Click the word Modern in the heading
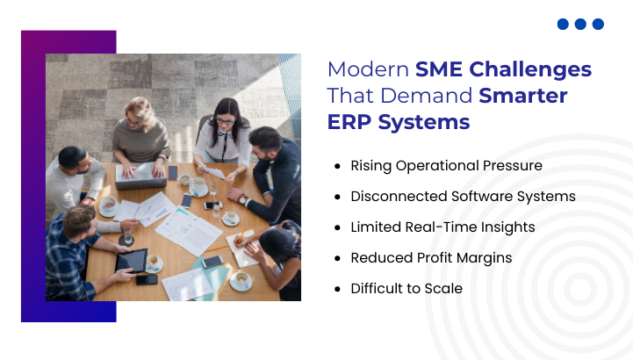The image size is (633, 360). click(368, 69)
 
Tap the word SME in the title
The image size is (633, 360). click(439, 69)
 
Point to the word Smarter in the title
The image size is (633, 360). click(523, 96)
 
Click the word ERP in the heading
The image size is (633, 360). click(349, 122)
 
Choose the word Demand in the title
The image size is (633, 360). click(427, 96)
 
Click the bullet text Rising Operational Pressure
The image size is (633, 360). click(447, 166)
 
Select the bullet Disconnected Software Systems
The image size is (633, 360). click(463, 197)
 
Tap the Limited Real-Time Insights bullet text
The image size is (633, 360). click(442, 227)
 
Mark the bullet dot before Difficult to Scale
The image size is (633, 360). click(337, 289)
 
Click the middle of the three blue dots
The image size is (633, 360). click(580, 25)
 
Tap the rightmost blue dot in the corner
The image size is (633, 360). click(598, 25)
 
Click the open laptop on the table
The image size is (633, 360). click(140, 176)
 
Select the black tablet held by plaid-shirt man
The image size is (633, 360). click(132, 260)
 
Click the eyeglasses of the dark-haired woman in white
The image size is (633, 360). click(225, 121)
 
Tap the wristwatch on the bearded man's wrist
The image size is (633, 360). click(242, 199)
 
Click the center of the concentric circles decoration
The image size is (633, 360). click(580, 289)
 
